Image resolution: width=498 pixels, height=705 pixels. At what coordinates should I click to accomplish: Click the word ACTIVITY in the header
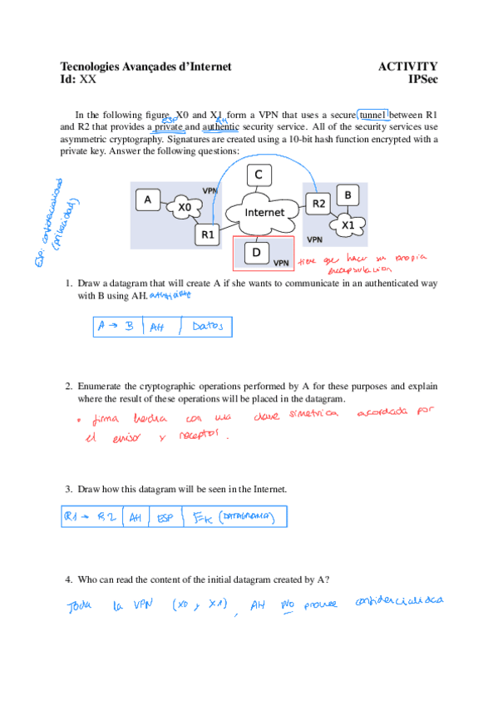point(407,67)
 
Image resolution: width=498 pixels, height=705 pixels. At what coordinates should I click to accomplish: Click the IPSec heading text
point(422,80)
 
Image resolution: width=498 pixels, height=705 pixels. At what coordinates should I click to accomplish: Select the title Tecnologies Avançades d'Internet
point(145,67)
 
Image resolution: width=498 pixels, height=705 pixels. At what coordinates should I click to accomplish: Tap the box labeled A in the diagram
point(148,200)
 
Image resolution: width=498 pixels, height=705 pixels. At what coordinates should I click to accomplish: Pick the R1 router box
point(208,235)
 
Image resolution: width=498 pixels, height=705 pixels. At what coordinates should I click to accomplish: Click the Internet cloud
point(264,213)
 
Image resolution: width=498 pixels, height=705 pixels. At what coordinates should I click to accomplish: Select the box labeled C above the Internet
point(259,175)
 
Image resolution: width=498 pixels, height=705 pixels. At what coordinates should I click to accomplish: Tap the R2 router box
point(318,203)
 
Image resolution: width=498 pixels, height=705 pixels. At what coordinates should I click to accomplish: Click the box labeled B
point(348,195)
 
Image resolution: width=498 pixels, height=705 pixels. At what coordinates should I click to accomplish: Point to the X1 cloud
point(348,224)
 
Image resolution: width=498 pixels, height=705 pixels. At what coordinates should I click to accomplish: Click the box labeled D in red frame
point(256,252)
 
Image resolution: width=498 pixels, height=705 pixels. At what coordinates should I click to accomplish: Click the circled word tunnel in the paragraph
point(373,115)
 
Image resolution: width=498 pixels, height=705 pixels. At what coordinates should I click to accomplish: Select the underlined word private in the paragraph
point(168,127)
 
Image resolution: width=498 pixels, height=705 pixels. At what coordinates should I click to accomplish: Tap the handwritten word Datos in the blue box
point(207,327)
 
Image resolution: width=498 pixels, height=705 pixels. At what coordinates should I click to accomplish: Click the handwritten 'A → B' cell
point(116,327)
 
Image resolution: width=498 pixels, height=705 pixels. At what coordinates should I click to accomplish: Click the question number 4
point(69,579)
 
